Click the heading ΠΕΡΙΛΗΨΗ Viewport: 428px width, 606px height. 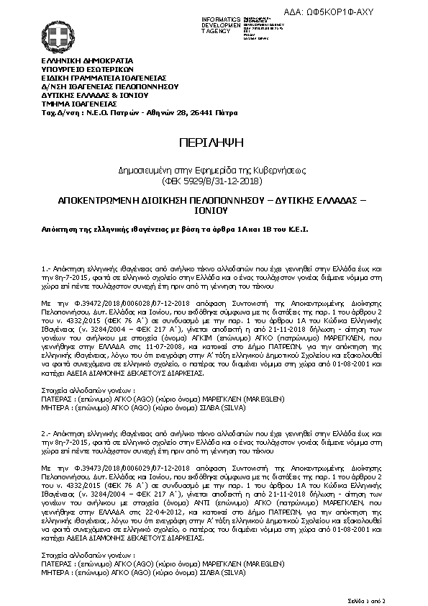point(214,141)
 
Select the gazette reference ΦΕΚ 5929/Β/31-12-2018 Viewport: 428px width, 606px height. point(214,179)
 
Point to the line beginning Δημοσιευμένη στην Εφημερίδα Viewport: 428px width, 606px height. point(214,170)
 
